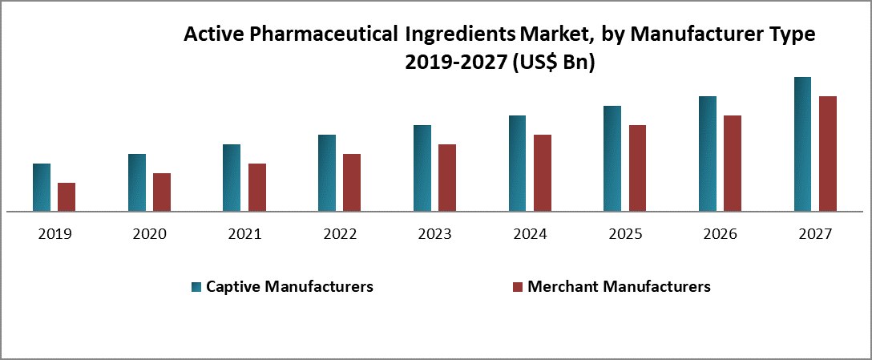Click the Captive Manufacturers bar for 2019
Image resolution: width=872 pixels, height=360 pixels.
click(42, 188)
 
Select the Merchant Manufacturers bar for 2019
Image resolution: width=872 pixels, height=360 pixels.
click(67, 197)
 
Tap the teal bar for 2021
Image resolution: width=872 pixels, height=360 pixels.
click(232, 178)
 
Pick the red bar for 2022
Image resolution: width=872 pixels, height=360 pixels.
click(352, 183)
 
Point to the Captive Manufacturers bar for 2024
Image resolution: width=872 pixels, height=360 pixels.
click(517, 164)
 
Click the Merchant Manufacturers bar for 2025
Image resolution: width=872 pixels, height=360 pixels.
click(637, 168)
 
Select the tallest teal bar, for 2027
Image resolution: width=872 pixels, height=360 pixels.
click(802, 144)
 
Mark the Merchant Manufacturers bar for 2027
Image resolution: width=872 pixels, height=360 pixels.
click(828, 154)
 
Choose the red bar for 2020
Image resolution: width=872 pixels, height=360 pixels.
click(162, 192)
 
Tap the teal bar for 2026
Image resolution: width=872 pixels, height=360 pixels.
click(708, 154)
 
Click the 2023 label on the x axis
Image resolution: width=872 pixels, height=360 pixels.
click(434, 235)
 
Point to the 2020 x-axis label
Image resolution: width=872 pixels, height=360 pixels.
click(149, 235)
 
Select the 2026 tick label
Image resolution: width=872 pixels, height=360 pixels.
click(720, 235)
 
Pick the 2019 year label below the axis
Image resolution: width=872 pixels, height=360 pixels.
click(54, 235)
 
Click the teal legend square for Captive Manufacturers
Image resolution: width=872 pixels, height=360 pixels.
click(196, 286)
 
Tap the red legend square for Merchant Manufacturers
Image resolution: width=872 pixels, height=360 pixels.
click(517, 286)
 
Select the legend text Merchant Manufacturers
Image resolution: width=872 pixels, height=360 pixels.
click(619, 286)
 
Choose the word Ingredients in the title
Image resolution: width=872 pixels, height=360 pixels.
click(460, 35)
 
